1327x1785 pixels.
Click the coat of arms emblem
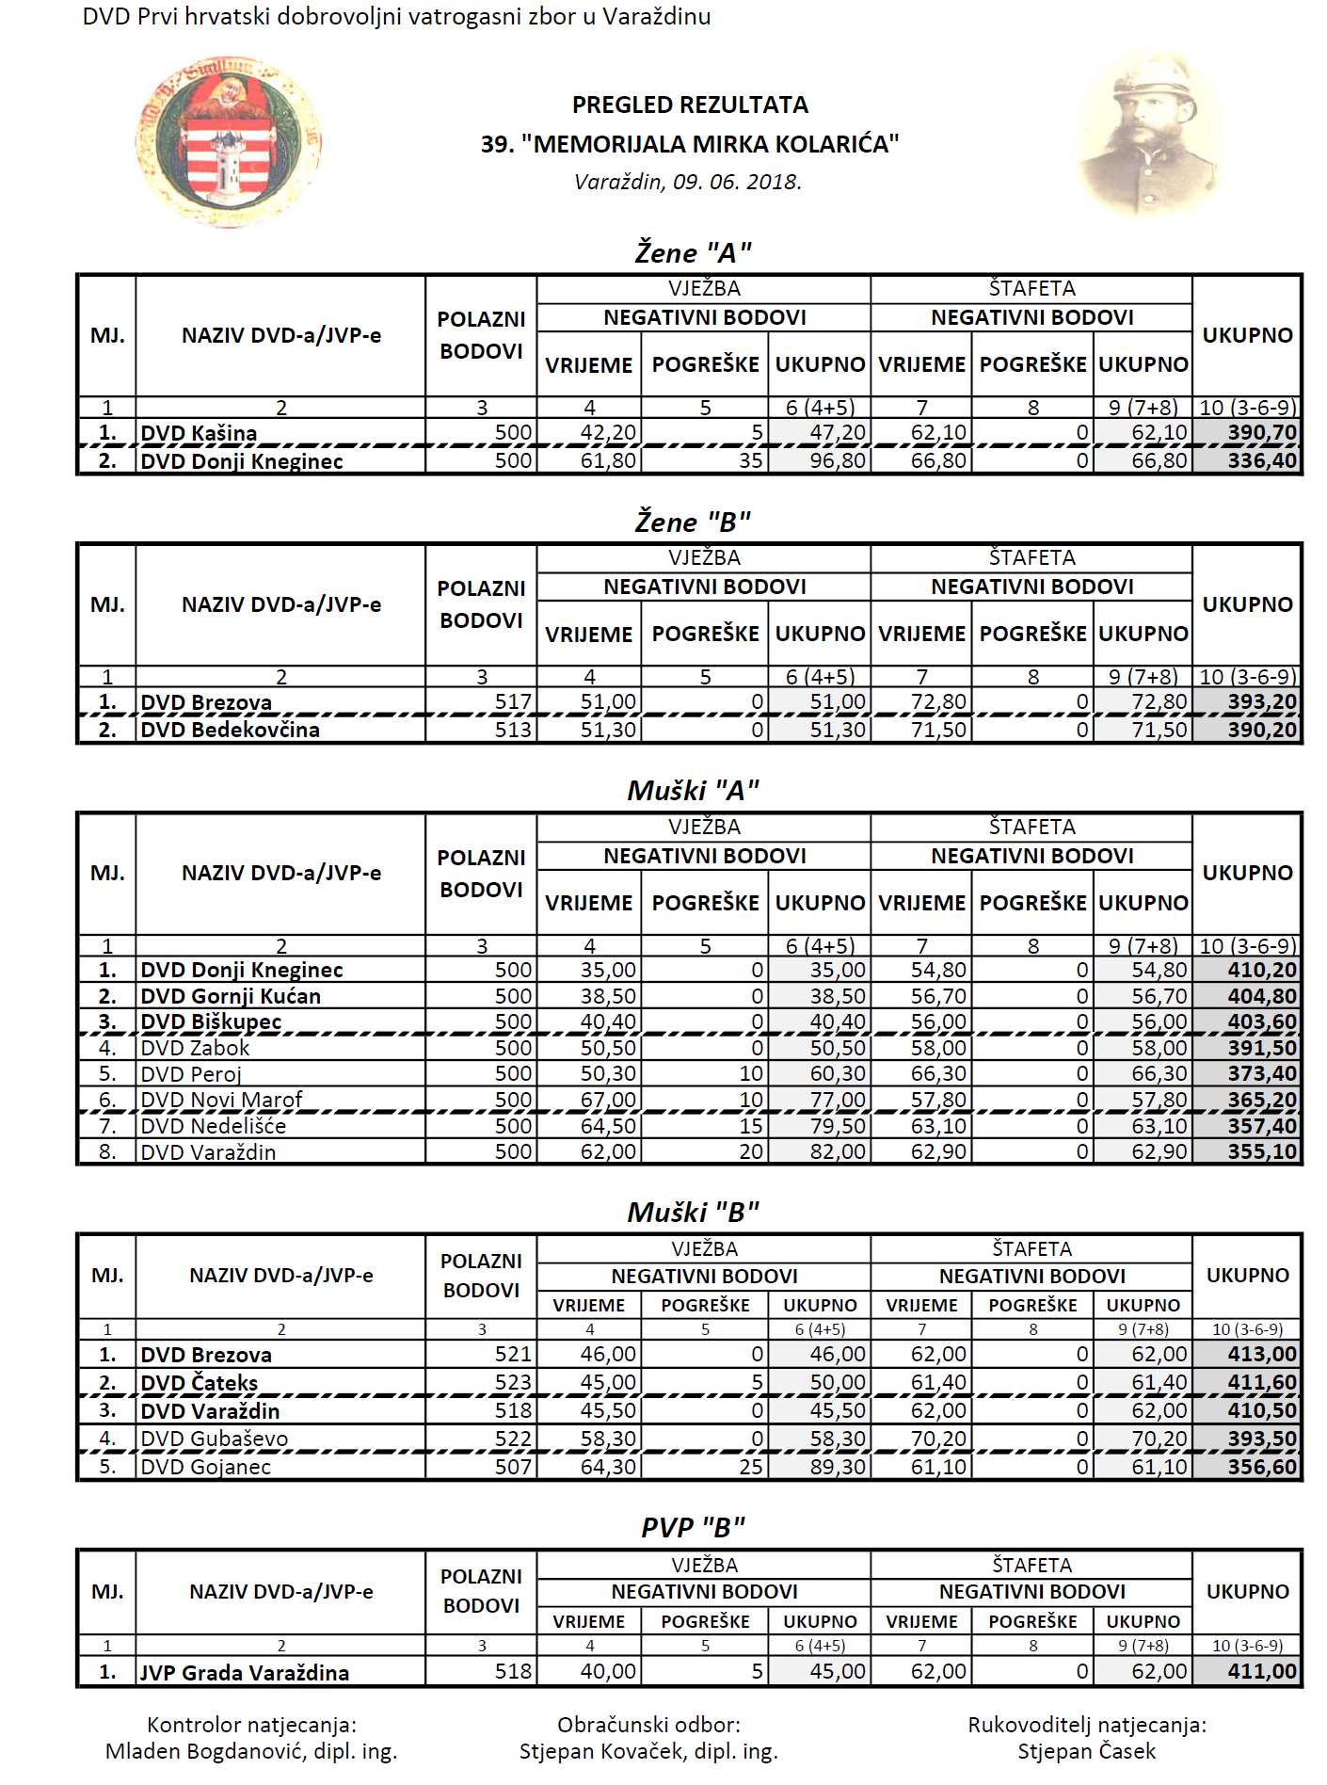230,138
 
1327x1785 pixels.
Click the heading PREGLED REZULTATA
690,105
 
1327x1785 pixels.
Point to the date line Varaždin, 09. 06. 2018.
688,182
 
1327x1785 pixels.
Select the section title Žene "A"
693,252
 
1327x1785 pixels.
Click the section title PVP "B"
693,1527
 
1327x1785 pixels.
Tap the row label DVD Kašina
199,433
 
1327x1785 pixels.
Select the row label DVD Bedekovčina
231,730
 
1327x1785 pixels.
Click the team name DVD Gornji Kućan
231,996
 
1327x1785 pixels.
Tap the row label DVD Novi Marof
222,1100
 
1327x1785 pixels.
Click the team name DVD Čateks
200,1383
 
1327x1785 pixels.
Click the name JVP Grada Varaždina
245,1673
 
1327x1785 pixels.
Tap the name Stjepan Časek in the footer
1086,1752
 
